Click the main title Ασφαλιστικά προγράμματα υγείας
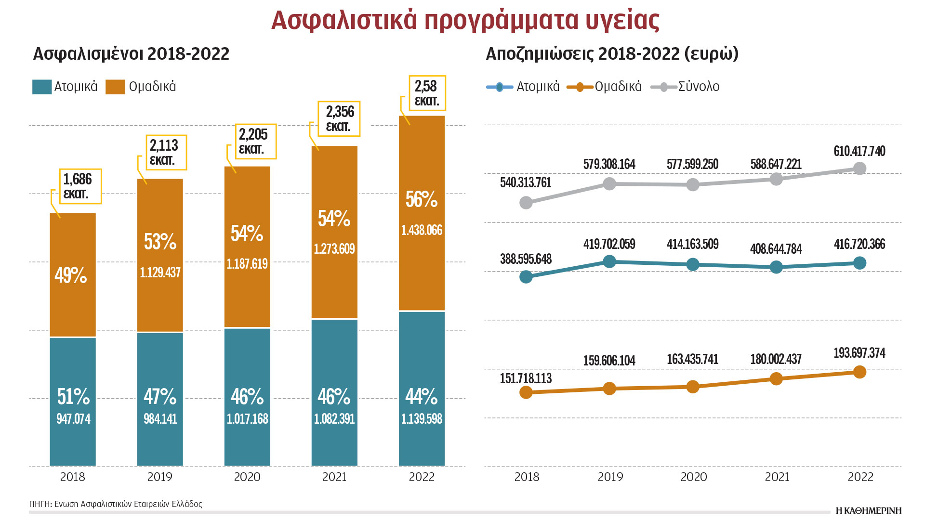(x=465, y=20)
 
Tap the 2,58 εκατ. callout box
(x=427, y=93)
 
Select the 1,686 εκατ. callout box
(x=80, y=186)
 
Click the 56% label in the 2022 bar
(x=422, y=199)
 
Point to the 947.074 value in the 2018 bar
(x=73, y=418)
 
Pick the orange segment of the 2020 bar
(x=247, y=247)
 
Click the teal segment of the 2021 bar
(x=334, y=392)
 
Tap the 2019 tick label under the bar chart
(x=159, y=477)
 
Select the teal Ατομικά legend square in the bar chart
(x=42, y=87)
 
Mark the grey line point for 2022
(x=859, y=169)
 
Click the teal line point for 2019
(x=609, y=261)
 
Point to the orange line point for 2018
(x=526, y=392)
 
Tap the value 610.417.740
(x=859, y=151)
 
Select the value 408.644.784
(x=776, y=249)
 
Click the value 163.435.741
(x=692, y=359)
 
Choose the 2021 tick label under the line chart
(x=777, y=477)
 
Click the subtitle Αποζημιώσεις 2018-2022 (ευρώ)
(x=612, y=54)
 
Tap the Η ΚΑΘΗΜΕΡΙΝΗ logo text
(x=868, y=510)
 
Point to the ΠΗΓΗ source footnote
(x=116, y=504)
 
